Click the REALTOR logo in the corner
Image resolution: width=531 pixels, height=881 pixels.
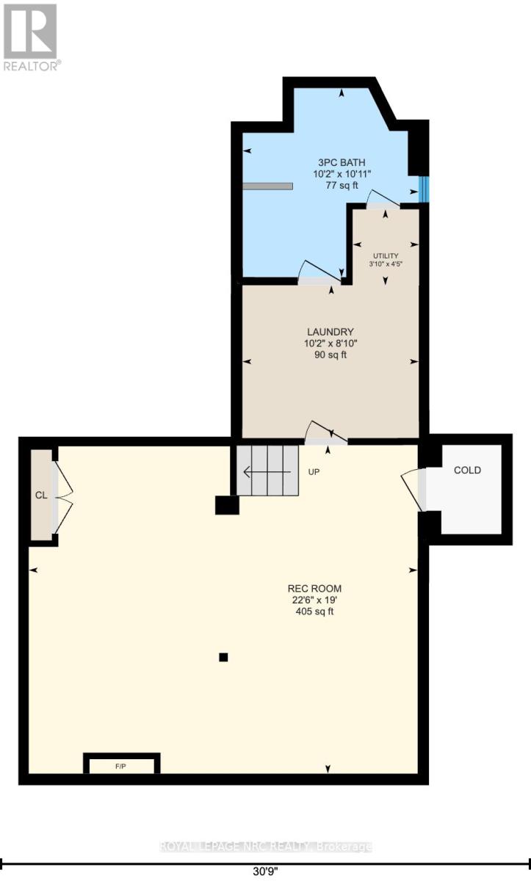tap(31, 36)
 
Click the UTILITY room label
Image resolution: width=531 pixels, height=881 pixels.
tap(384, 255)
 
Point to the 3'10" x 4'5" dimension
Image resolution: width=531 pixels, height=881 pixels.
tap(384, 264)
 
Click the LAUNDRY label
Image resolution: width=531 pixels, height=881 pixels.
tap(330, 331)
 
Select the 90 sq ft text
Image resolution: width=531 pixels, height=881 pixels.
tap(330, 355)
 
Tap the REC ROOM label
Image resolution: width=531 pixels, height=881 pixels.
tap(314, 588)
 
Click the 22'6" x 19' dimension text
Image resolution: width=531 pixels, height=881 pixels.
tap(314, 600)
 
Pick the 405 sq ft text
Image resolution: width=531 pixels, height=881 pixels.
tap(314, 612)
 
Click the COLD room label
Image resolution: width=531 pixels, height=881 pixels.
tap(467, 470)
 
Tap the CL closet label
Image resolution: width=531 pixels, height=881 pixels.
tap(41, 495)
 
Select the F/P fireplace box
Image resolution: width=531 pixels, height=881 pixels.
tap(121, 766)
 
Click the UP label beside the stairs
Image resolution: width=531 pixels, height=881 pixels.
tap(314, 472)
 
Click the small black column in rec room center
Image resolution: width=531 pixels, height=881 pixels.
tap(224, 657)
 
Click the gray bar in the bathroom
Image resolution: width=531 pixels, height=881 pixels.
tap(267, 186)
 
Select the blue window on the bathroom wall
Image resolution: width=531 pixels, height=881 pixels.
tap(423, 189)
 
